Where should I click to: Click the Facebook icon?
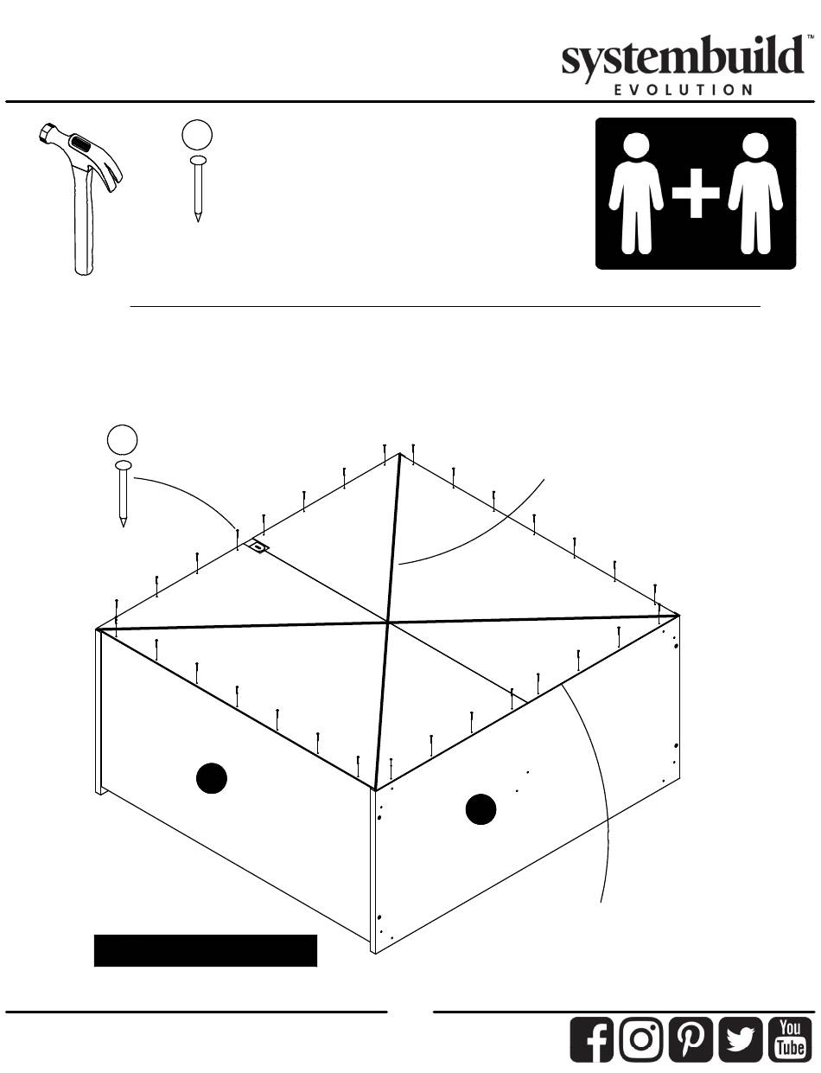592,1039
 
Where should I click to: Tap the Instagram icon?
641,1039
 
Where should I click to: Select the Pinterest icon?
691,1039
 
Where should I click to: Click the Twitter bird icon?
741,1039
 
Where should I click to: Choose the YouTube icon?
790,1039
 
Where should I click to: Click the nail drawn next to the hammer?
198,188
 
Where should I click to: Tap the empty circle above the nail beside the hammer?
197,135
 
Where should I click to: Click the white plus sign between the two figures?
696,193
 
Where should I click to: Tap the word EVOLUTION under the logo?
684,90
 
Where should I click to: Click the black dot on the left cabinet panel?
212,778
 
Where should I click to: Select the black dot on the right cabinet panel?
481,809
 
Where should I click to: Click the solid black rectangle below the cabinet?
206,950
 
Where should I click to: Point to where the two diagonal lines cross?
388,623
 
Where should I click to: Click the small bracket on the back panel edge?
258,546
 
